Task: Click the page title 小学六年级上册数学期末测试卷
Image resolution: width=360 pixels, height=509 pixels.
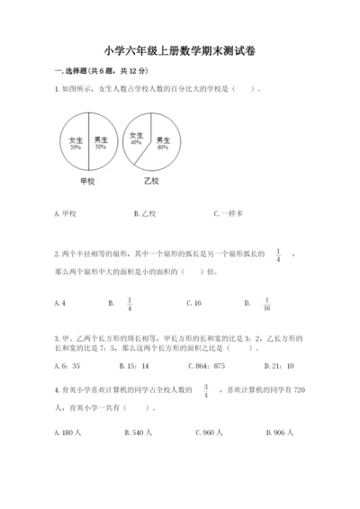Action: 179,51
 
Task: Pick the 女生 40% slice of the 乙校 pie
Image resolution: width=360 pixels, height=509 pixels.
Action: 137,138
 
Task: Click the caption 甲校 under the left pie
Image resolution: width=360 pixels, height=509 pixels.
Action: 88,181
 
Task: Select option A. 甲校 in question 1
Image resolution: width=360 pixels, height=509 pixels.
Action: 67,214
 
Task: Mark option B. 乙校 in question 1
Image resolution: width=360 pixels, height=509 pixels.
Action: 145,214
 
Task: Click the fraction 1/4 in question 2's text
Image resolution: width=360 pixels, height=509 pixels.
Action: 278,255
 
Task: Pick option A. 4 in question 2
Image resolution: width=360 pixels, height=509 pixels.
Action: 59,303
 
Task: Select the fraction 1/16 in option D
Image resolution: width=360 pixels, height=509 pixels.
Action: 267,304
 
